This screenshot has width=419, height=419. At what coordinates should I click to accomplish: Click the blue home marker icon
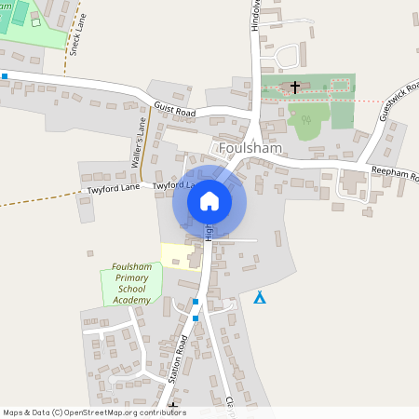[x=209, y=200]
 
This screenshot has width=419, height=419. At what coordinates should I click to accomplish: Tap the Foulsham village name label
[x=251, y=148]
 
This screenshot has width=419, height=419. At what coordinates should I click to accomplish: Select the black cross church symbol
[x=295, y=88]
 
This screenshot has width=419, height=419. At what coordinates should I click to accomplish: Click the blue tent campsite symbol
[x=260, y=298]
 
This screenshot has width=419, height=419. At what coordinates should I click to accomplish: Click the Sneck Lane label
[x=76, y=40]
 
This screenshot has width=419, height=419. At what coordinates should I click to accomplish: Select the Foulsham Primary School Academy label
[x=131, y=283]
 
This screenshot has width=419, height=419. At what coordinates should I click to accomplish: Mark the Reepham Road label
[x=395, y=173]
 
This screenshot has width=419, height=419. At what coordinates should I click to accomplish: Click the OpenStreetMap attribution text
[x=93, y=412]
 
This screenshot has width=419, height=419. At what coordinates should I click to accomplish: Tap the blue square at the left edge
[x=5, y=76]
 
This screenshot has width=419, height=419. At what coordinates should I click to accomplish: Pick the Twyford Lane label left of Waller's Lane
[x=114, y=189]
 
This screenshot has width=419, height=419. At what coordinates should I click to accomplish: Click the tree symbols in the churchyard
[x=304, y=118]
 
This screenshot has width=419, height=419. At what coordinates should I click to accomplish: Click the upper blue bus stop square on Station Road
[x=196, y=302]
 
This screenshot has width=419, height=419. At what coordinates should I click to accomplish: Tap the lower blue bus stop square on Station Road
[x=196, y=318]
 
